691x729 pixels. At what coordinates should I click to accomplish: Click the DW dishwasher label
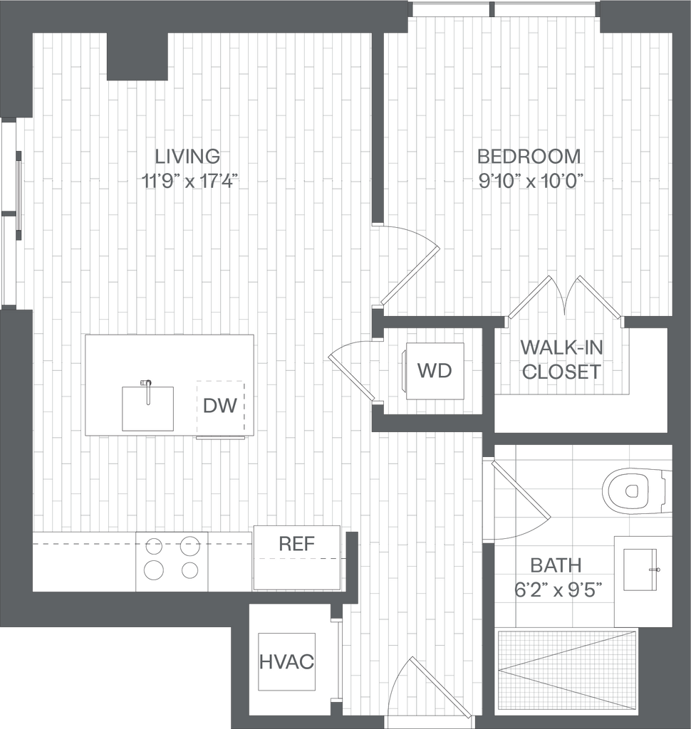pos(219,406)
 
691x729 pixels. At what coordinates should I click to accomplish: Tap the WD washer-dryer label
pos(434,370)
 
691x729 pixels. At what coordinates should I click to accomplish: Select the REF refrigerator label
pos(296,545)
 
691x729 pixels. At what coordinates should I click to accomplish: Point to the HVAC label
pos(286,661)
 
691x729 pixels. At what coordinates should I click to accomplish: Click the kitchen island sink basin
pos(147,408)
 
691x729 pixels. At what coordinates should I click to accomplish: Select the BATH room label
pos(556,565)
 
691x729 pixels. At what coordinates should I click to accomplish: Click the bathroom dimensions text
pos(558,589)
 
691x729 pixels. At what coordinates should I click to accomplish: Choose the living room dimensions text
pos(189,181)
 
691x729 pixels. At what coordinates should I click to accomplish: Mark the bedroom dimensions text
pos(531,181)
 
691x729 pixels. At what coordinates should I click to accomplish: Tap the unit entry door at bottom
pos(440,688)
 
